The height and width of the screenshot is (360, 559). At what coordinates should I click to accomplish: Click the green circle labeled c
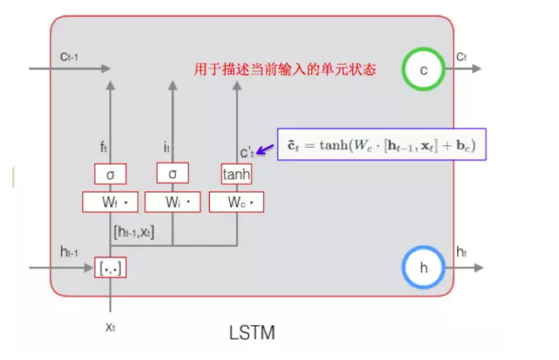click(424, 69)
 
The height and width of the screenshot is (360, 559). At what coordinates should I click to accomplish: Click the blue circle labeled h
click(424, 269)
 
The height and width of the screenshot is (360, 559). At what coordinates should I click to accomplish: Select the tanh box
click(236, 174)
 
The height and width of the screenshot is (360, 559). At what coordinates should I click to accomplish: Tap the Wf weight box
click(111, 202)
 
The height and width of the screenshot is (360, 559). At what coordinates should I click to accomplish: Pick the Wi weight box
click(173, 202)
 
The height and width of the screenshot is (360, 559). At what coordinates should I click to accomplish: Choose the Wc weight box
click(236, 202)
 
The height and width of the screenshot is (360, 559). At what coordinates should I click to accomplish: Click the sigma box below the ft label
click(110, 174)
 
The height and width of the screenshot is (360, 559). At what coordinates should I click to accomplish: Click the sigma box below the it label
click(173, 174)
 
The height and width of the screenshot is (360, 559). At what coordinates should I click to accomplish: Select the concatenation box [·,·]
click(110, 268)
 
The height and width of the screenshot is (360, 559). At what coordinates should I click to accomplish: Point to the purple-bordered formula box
click(382, 144)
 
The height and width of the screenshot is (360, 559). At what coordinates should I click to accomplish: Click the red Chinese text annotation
click(285, 70)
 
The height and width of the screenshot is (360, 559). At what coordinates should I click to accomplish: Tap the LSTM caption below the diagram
click(252, 333)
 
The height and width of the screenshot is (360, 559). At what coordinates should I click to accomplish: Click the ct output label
click(462, 57)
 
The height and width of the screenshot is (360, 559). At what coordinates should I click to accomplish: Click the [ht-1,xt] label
click(134, 231)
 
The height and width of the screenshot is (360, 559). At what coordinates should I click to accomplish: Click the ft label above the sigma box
click(103, 148)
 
